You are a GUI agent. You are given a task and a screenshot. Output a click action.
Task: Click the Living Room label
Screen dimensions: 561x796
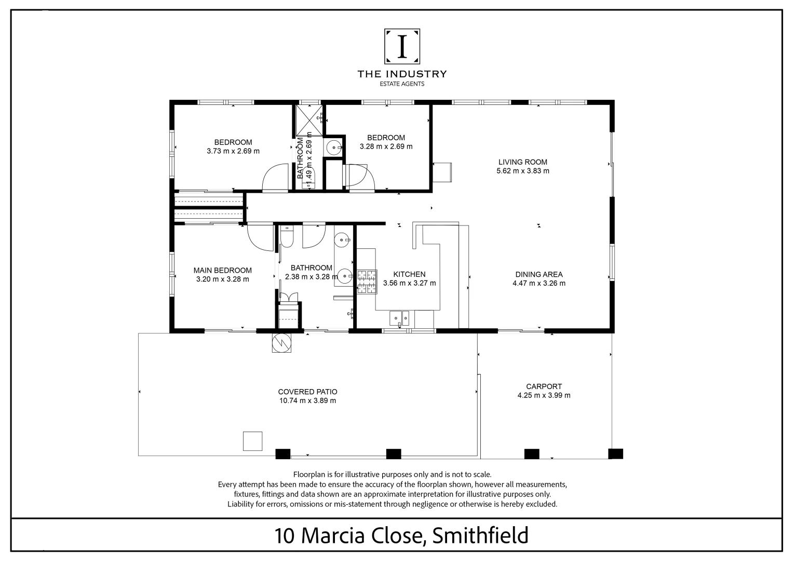pyautogui.click(x=522, y=162)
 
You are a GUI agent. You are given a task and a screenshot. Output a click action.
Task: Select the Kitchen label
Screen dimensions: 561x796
pyautogui.click(x=409, y=274)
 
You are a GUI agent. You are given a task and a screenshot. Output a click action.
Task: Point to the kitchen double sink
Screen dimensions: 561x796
pyautogui.click(x=400, y=316)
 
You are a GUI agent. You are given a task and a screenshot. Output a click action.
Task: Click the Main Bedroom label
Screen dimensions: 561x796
pyautogui.click(x=222, y=270)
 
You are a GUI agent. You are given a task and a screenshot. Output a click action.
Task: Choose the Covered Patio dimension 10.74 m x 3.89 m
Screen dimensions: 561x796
pyautogui.click(x=307, y=400)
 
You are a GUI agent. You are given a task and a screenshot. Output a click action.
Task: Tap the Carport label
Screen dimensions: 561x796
pyautogui.click(x=544, y=386)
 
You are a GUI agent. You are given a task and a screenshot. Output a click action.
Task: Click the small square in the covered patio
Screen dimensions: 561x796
pyautogui.click(x=253, y=441)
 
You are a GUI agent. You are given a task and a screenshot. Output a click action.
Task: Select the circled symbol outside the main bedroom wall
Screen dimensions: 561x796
pyautogui.click(x=281, y=342)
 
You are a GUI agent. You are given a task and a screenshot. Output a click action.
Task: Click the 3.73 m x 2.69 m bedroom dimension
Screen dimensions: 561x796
pyautogui.click(x=233, y=151)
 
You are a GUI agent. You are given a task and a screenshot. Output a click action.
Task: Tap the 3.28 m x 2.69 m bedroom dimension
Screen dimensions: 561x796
pyautogui.click(x=386, y=146)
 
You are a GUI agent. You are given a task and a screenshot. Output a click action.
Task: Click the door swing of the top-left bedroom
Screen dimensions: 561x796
pyautogui.click(x=275, y=178)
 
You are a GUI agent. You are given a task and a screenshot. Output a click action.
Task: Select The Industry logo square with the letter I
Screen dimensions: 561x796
pyautogui.click(x=402, y=46)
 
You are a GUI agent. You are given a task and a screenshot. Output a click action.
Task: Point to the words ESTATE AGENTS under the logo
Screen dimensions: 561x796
pyautogui.click(x=402, y=84)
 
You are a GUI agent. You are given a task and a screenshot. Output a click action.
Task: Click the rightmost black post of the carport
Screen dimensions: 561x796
pyautogui.click(x=615, y=453)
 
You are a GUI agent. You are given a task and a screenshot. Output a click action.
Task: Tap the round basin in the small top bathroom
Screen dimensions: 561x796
pyautogui.click(x=333, y=148)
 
